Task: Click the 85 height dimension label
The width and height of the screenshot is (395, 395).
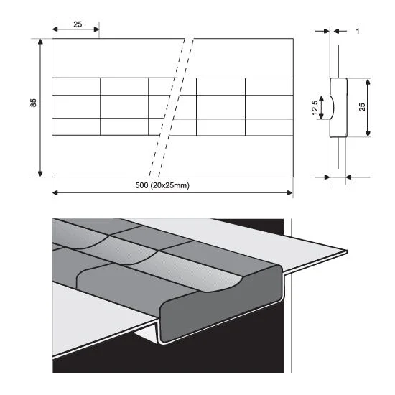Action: pyautogui.click(x=33, y=103)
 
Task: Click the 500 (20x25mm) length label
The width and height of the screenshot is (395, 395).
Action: pyautogui.click(x=162, y=185)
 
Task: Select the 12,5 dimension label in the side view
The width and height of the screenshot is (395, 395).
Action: pyautogui.click(x=315, y=108)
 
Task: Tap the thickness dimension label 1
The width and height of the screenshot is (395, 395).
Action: pyautogui.click(x=357, y=31)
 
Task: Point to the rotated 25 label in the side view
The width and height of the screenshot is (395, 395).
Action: pyautogui.click(x=362, y=107)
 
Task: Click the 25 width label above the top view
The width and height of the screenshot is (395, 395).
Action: pyautogui.click(x=78, y=24)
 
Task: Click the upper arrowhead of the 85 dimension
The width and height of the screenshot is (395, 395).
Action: pyautogui.click(x=40, y=42)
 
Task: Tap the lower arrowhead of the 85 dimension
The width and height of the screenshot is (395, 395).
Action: pyautogui.click(x=40, y=174)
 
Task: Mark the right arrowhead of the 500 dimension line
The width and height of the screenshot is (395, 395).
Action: pyautogui.click(x=290, y=193)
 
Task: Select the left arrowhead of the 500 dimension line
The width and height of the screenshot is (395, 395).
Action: pyautogui.click(x=55, y=193)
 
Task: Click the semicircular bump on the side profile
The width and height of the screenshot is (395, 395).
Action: pyautogui.click(x=332, y=108)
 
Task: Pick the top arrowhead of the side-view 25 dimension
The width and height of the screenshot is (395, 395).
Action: pyautogui.click(x=368, y=81)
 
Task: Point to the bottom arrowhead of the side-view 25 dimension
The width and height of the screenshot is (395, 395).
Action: pyautogui.click(x=368, y=134)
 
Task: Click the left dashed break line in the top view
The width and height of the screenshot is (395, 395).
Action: pyautogui.click(x=167, y=108)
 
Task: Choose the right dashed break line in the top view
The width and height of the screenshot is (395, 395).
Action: pyautogui.click(x=176, y=108)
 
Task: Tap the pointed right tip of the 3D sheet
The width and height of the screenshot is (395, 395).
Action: pyautogui.click(x=346, y=251)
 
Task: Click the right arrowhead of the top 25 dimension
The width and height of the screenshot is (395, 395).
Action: pyautogui.click(x=96, y=29)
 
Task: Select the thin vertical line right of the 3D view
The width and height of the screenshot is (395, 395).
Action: pyautogui.click(x=292, y=296)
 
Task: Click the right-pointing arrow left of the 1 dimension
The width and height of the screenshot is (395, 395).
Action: pyautogui.click(x=322, y=31)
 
